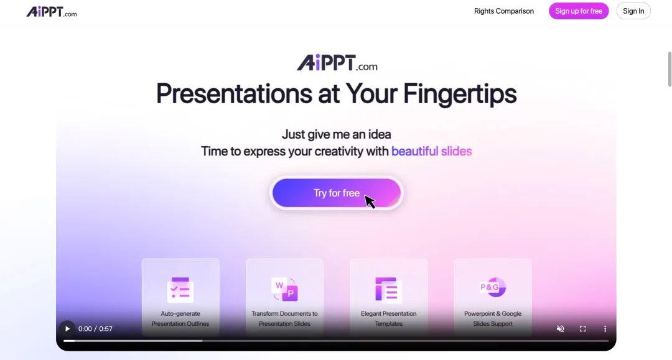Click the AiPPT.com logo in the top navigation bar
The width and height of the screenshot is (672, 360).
click(52, 12)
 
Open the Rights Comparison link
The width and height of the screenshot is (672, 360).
click(503, 11)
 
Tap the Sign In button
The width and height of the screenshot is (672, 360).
click(633, 11)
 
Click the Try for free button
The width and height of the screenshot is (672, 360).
click(336, 193)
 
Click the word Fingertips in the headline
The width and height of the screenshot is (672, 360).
click(460, 94)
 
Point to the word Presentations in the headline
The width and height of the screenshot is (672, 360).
click(234, 94)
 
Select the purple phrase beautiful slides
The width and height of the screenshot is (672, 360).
click(431, 151)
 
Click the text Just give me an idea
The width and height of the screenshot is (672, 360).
click(336, 134)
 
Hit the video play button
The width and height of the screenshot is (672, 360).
click(67, 329)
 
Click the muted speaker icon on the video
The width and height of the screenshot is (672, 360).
click(560, 329)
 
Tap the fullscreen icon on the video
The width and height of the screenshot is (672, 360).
click(582, 329)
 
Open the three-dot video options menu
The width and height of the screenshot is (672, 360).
click(605, 329)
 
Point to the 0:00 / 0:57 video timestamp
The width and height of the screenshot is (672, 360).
click(95, 329)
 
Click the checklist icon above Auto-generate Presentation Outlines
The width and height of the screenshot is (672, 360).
click(180, 290)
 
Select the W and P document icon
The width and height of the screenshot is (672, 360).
click(284, 289)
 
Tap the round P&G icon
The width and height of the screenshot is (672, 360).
click(493, 287)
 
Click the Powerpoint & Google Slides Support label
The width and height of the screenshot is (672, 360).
click(493, 318)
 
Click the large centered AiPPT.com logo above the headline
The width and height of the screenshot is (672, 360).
click(337, 63)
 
